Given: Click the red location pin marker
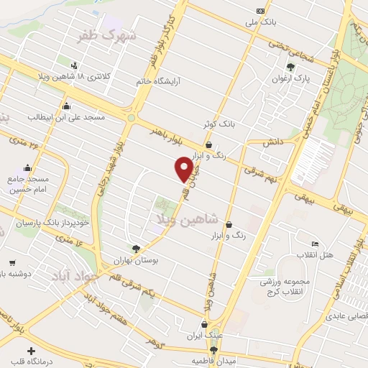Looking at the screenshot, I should (x=185, y=170).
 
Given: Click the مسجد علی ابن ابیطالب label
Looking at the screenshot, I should (x=66, y=116).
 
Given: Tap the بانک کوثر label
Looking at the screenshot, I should (x=218, y=124).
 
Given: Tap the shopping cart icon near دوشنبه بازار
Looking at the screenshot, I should (x=11, y=263).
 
